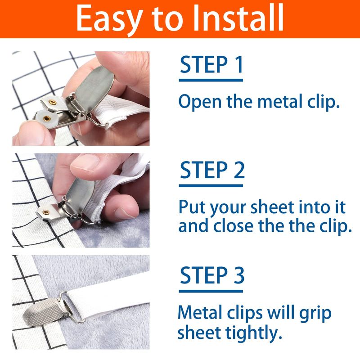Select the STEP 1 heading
[211, 64]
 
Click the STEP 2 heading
[212, 170]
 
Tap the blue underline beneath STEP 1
[211, 80]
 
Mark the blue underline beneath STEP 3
[211, 291]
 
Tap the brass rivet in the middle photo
[46, 211]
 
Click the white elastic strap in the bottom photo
[108, 299]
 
